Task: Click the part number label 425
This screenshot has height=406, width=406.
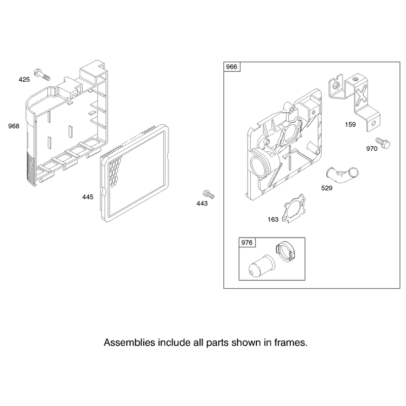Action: (x=24, y=80)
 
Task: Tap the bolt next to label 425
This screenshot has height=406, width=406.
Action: (x=42, y=74)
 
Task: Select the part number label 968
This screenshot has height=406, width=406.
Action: (x=14, y=126)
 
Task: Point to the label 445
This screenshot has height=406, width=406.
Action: (x=88, y=197)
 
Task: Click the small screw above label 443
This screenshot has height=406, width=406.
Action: (x=209, y=194)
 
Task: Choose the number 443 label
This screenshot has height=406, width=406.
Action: (x=202, y=204)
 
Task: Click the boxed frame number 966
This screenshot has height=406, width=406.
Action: (x=231, y=67)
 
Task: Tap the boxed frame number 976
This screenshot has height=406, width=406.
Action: (x=247, y=243)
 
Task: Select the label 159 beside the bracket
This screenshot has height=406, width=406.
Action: (x=350, y=124)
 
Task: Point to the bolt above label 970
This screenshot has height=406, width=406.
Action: (x=383, y=143)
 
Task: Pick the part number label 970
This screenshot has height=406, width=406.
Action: (x=372, y=149)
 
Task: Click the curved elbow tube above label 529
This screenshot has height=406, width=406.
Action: (x=342, y=175)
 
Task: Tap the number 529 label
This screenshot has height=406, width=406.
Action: (x=327, y=188)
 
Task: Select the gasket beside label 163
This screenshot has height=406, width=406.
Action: (x=294, y=209)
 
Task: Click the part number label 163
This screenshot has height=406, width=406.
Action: (x=273, y=220)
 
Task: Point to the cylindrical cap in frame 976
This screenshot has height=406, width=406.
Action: (x=261, y=266)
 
